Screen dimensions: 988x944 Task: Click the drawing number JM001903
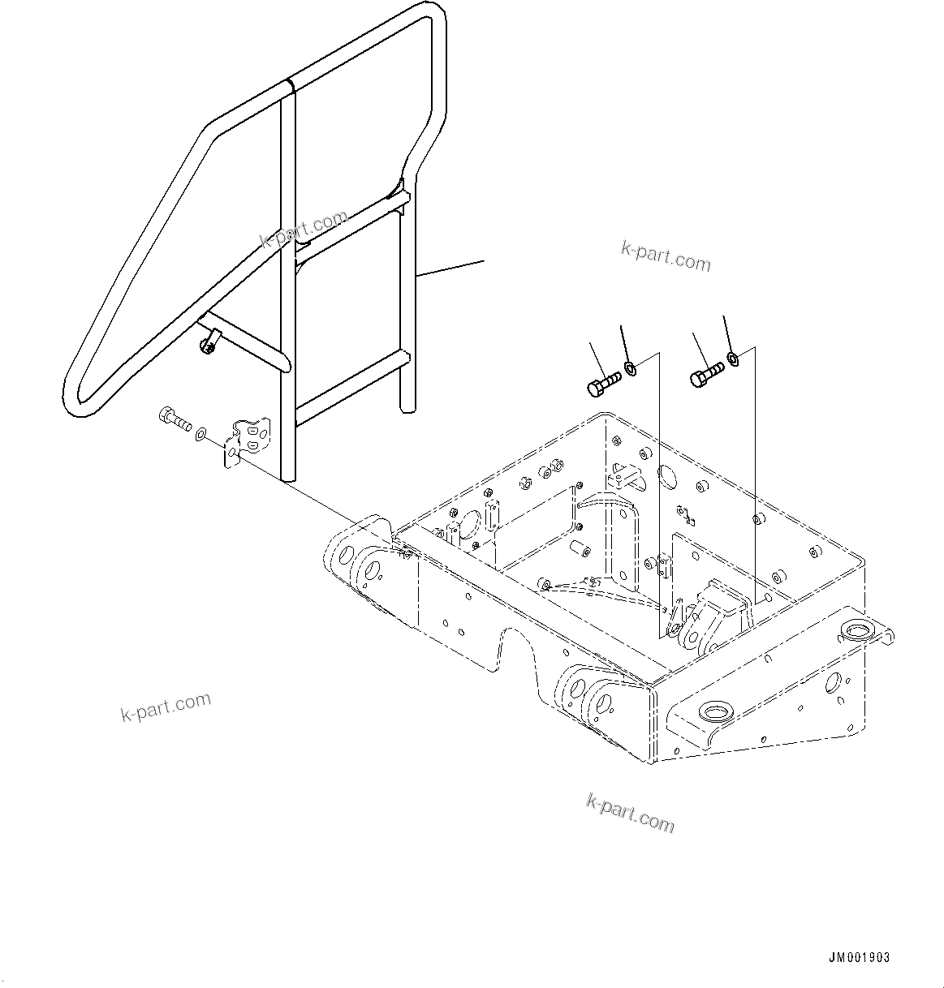859,958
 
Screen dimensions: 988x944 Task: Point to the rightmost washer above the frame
733,358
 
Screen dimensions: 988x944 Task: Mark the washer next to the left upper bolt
630,368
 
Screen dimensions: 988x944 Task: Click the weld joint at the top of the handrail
289,86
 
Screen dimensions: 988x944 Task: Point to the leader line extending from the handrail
450,268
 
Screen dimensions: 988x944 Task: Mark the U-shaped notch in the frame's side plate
519,648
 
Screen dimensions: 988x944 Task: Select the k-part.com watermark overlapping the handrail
304,229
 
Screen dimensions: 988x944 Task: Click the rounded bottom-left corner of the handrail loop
77,402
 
